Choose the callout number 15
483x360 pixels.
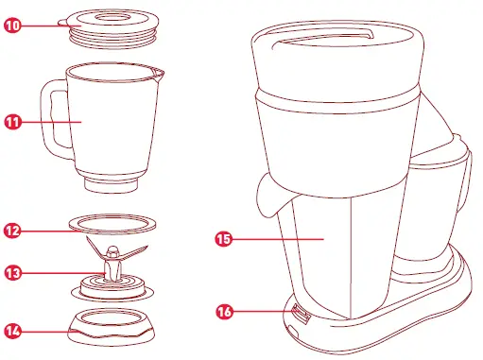pos(224,241)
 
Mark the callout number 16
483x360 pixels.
pos(224,309)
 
